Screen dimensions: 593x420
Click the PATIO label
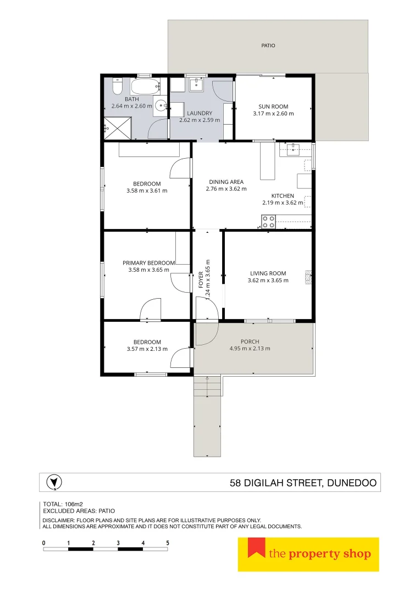pos(268,46)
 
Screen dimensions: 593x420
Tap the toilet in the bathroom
pos(117,87)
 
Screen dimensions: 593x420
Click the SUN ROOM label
pos(273,107)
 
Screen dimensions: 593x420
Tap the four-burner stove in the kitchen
pos(268,222)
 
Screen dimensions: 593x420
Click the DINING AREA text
pos(226,182)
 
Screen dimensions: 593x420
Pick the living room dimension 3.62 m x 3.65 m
pos(268,281)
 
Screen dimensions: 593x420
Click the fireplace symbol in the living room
pos(309,277)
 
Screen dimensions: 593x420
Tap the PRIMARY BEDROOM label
pos(148,263)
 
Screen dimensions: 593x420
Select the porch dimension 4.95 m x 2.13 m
pos(250,349)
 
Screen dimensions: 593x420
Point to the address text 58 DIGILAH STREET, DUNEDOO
pos(303,484)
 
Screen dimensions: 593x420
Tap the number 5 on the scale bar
pos(168,542)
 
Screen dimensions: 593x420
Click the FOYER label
pos(201,280)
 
